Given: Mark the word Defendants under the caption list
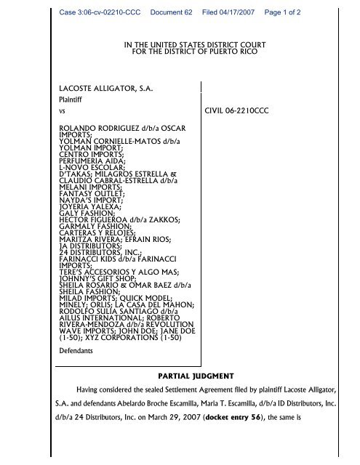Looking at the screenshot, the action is (x=76, y=350).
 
